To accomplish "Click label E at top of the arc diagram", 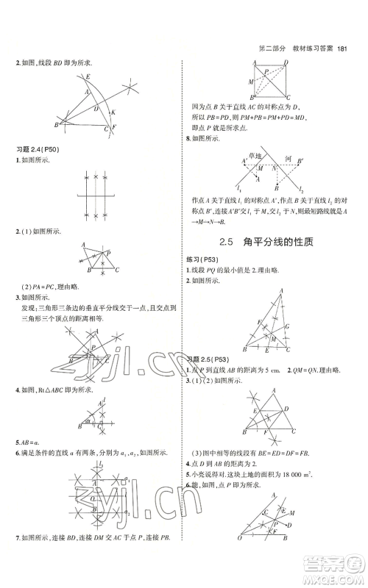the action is [88, 76].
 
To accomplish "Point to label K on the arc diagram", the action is [113, 112].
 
